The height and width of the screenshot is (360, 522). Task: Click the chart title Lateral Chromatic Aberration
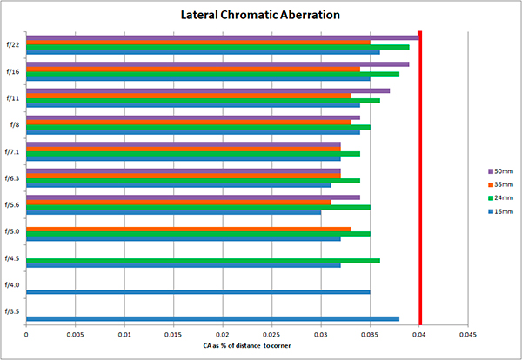point(259,15)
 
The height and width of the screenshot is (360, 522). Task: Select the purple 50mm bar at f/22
point(222,37)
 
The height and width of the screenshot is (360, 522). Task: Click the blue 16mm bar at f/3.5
point(212,318)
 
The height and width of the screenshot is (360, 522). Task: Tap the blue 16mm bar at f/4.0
point(197,291)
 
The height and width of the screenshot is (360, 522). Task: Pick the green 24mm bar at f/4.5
point(203,259)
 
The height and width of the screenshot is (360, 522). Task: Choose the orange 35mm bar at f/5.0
point(188,229)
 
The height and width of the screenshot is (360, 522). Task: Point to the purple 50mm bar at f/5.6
point(192,197)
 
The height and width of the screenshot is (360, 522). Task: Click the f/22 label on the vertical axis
point(13,44)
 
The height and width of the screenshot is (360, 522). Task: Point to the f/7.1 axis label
point(13,151)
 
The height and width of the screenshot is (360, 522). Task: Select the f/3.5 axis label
point(13,310)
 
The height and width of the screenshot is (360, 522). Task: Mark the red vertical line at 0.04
point(420,174)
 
